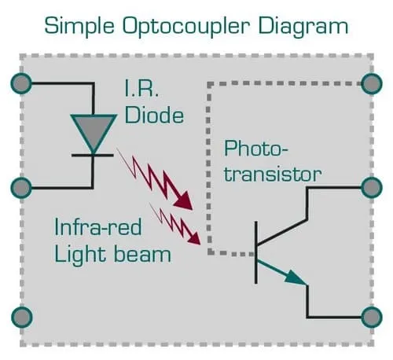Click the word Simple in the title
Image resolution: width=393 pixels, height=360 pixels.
[79, 27]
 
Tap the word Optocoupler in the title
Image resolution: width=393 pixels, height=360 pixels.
[186, 27]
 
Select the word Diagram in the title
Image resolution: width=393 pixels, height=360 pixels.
[303, 27]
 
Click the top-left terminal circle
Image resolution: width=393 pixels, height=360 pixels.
[21, 83]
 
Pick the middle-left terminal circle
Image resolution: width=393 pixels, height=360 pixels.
[21, 188]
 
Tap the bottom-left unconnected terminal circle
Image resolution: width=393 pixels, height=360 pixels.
[22, 317]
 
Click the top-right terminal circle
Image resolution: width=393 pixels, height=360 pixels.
[372, 83]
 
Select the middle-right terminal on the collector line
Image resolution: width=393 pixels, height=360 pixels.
[372, 188]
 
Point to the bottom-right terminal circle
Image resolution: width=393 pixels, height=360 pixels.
[372, 317]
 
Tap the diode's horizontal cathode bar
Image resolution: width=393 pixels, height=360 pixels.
[93, 156]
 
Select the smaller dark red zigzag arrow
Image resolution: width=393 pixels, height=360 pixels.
[175, 224]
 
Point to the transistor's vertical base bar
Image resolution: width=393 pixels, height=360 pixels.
[256, 252]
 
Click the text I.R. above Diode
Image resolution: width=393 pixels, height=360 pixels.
[141, 88]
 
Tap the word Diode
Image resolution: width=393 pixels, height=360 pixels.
[154, 115]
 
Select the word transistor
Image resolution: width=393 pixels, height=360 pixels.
[273, 174]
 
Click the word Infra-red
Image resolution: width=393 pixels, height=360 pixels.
[98, 227]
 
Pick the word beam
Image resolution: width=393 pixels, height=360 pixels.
[143, 254]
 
